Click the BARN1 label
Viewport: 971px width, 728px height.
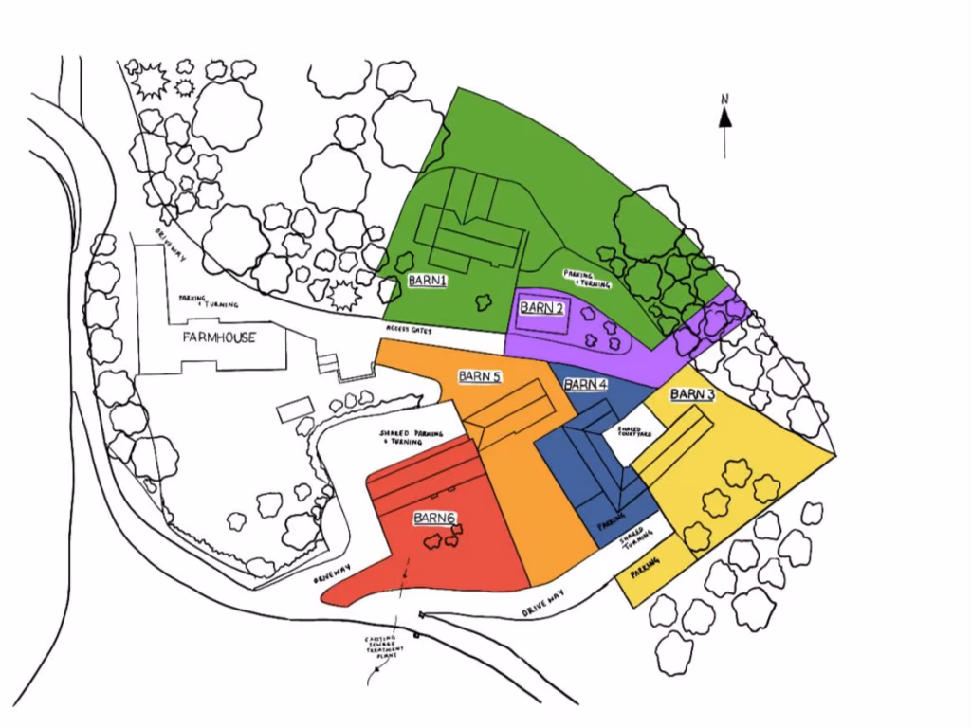428,282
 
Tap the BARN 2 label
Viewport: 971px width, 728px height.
542,308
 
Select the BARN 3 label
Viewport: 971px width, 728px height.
692,394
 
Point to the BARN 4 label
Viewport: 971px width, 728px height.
585,384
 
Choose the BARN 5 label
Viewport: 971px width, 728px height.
480,376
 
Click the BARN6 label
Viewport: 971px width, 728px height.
435,518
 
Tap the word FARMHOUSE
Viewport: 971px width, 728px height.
220,337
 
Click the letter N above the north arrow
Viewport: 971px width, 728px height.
724,98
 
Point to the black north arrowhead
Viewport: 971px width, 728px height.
724,118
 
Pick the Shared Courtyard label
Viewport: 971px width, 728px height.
633,432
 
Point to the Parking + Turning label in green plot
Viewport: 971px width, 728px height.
587,279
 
